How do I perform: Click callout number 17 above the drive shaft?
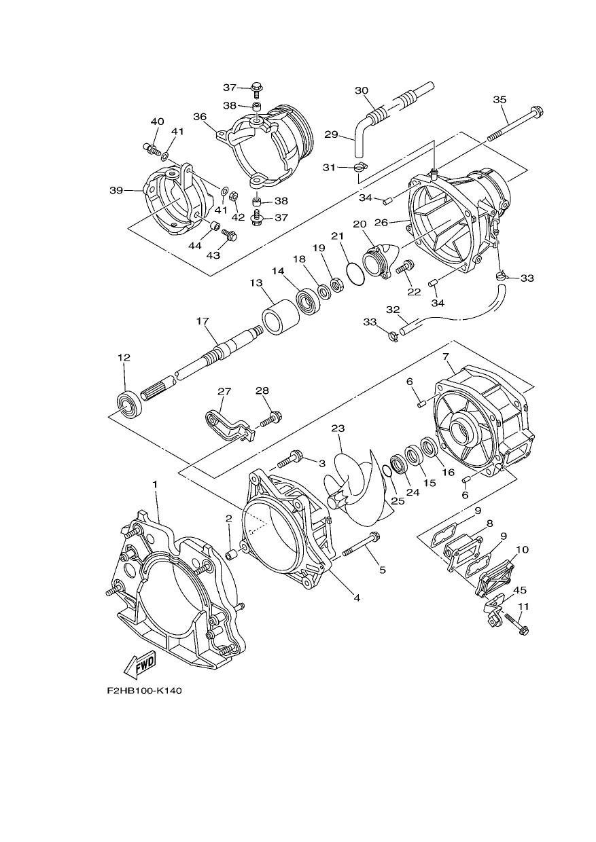(x=203, y=321)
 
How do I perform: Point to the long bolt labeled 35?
(x=516, y=124)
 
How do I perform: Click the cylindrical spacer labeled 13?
(x=281, y=317)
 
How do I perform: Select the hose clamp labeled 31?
(x=360, y=167)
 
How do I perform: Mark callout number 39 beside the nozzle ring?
(x=116, y=191)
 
